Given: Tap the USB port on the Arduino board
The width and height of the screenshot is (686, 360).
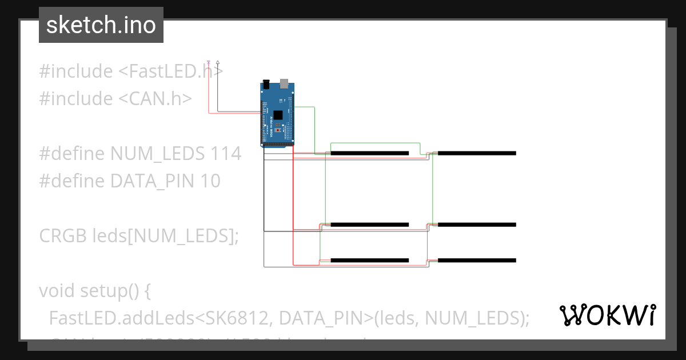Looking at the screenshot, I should pos(284,85).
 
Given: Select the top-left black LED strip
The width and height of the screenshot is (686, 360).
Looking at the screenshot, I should pos(370,153).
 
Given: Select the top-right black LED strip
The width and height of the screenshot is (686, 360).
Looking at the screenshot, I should pos(477,153).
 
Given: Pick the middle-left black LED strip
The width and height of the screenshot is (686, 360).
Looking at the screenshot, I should pos(370,225).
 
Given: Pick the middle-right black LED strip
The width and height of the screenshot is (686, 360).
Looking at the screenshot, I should pos(477,225).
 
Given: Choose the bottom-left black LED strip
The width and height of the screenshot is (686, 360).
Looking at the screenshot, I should pos(370,261).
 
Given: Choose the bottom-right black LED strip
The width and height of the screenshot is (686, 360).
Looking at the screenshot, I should pos(477,261).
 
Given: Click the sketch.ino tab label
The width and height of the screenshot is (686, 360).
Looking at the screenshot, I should pos(101,25).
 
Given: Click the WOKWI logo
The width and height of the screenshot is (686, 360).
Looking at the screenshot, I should pos(607,315).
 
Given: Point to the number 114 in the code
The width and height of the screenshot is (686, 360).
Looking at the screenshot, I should pos(226,154).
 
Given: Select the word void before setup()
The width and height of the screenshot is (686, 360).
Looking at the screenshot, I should pos(57,291).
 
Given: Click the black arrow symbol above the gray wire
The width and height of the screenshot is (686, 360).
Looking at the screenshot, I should pos(218,62).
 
